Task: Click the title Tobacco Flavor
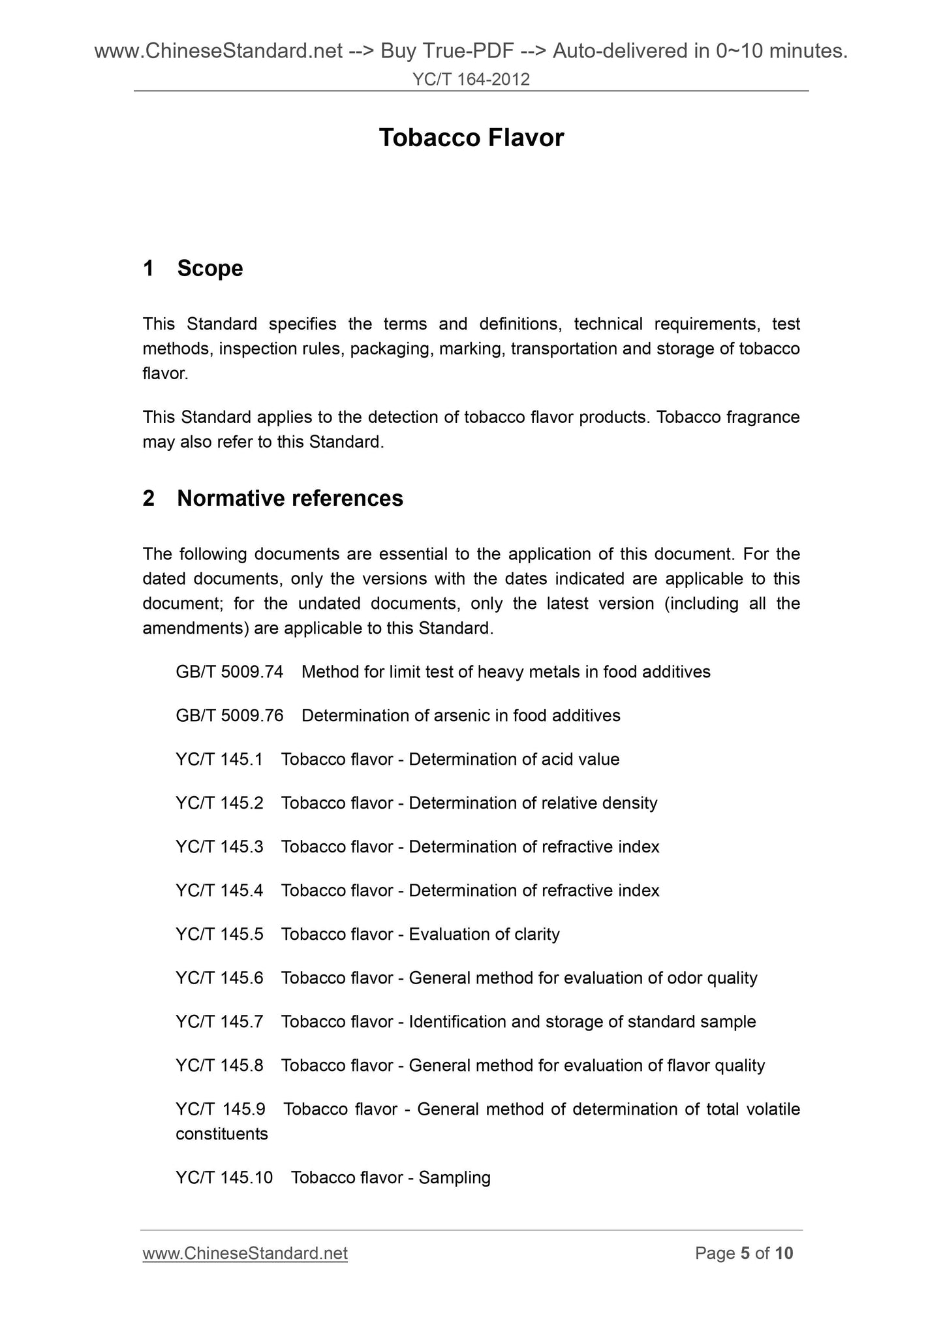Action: [x=471, y=138]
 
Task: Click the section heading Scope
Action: [x=209, y=268]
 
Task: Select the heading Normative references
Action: [x=290, y=498]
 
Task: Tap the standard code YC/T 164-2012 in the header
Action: [x=471, y=80]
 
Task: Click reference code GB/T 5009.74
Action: [x=229, y=672]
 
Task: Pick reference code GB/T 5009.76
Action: [x=229, y=715]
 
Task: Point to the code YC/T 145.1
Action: [x=219, y=759]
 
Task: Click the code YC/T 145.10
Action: [x=224, y=1177]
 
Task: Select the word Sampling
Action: [x=454, y=1177]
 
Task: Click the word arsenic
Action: [x=461, y=715]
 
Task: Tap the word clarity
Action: [x=536, y=934]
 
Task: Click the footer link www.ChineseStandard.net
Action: [x=245, y=1253]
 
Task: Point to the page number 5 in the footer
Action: [x=745, y=1253]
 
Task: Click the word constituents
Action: [x=222, y=1134]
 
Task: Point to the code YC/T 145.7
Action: [x=219, y=1021]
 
